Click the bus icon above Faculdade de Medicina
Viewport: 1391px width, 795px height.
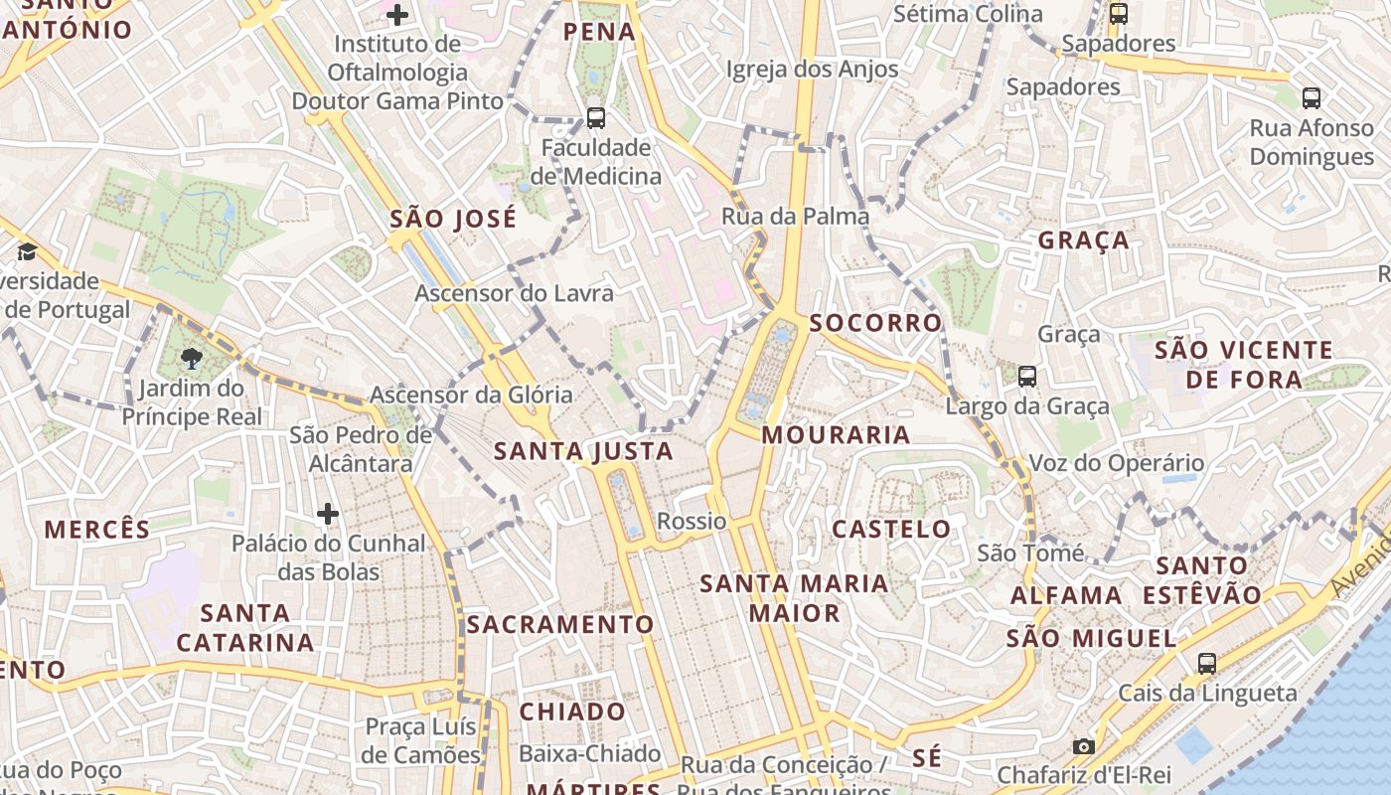(596, 118)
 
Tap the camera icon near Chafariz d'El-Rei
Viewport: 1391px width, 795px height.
(1084, 746)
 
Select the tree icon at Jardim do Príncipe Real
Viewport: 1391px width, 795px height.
(192, 359)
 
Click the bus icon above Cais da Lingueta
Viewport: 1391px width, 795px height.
(1207, 663)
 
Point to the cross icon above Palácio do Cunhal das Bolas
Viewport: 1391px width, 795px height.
(328, 514)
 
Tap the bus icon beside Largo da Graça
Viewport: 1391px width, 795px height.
(1027, 377)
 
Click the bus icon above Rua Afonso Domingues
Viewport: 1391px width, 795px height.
(1312, 98)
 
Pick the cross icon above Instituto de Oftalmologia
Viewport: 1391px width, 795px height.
(397, 15)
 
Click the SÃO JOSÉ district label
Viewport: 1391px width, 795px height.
(453, 219)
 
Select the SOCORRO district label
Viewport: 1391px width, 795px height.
(875, 323)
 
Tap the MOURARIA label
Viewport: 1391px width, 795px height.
(836, 434)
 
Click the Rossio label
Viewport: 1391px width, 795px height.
(692, 521)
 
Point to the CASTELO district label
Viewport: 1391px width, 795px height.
(891, 529)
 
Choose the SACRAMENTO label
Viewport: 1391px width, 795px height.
(560, 624)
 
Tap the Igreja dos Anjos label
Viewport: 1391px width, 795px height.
(812, 70)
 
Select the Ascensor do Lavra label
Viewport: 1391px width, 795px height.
(514, 294)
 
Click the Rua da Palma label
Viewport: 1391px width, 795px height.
(795, 217)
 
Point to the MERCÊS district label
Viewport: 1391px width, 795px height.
(97, 529)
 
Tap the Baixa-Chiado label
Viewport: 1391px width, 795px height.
(589, 754)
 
